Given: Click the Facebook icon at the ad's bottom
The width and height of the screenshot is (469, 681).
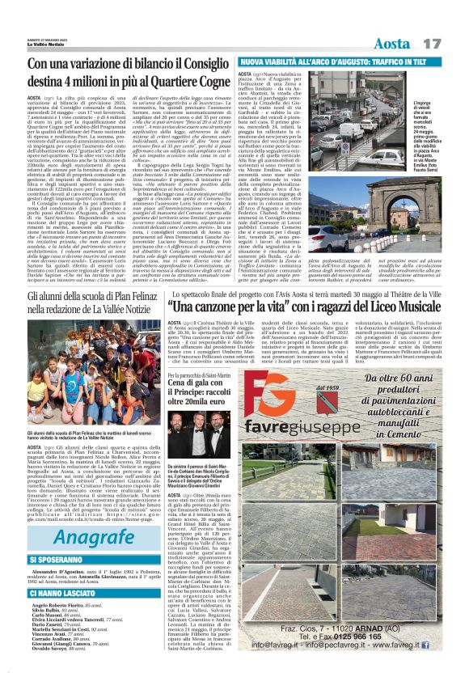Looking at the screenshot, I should click(x=425, y=645).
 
